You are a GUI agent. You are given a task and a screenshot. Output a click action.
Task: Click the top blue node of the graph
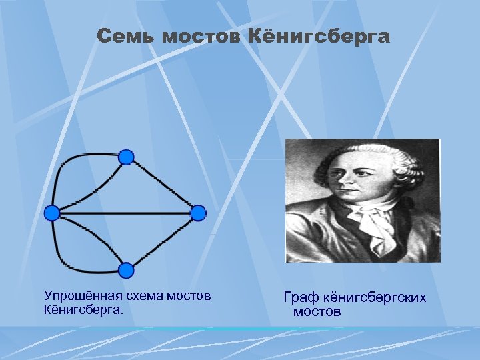[x=126, y=157]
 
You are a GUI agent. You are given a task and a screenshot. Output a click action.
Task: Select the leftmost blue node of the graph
[x=52, y=213]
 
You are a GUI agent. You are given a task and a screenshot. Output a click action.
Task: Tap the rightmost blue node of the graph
[x=199, y=213]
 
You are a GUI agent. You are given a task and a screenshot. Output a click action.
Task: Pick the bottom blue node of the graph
[x=126, y=270]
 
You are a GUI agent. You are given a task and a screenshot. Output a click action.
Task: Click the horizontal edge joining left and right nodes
[x=125, y=213]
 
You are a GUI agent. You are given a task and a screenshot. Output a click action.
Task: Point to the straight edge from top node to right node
[x=163, y=185]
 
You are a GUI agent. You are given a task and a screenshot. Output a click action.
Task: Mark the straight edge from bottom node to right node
[x=163, y=242]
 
